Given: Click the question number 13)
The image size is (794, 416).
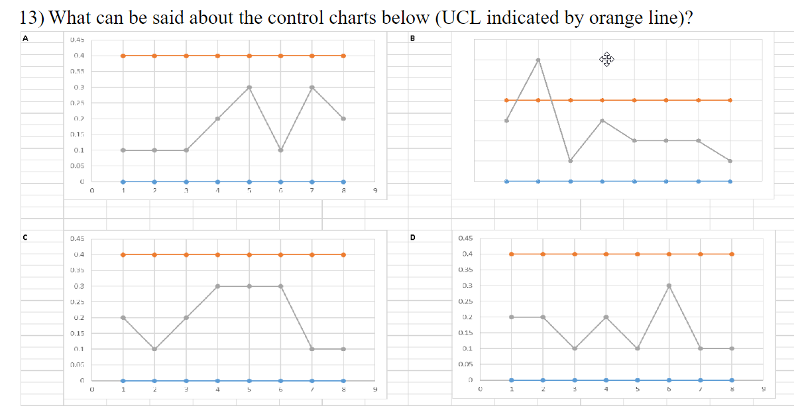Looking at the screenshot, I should pyautogui.click(x=31, y=17).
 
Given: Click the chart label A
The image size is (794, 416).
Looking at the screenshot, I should pyautogui.click(x=25, y=38).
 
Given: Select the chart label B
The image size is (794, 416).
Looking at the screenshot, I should pyautogui.click(x=412, y=38).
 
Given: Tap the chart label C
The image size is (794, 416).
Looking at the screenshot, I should pyautogui.click(x=25, y=236).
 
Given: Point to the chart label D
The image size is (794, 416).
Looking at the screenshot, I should pyautogui.click(x=412, y=236).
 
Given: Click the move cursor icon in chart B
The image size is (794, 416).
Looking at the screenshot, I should pyautogui.click(x=606, y=60).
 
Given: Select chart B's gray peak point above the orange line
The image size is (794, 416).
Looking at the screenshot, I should pyautogui.click(x=538, y=60).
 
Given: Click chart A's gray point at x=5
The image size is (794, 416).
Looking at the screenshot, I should pyautogui.click(x=249, y=87).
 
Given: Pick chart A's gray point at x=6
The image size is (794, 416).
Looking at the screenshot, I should pyautogui.click(x=281, y=150).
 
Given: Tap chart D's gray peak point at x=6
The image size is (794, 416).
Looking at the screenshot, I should pyautogui.click(x=669, y=286).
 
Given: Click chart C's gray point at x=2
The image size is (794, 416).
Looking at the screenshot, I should pyautogui.click(x=154, y=349).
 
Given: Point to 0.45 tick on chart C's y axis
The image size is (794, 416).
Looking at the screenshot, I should pyautogui.click(x=77, y=238).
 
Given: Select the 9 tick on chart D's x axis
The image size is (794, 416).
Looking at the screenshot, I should pyautogui.click(x=763, y=390).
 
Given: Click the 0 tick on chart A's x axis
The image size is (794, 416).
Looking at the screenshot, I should pyautogui.click(x=92, y=191).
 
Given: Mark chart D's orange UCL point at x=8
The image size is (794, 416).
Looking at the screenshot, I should pyautogui.click(x=732, y=254).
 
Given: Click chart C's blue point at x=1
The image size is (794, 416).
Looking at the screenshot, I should pyautogui.click(x=123, y=380).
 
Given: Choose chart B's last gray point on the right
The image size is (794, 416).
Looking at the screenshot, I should pyautogui.click(x=730, y=160).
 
